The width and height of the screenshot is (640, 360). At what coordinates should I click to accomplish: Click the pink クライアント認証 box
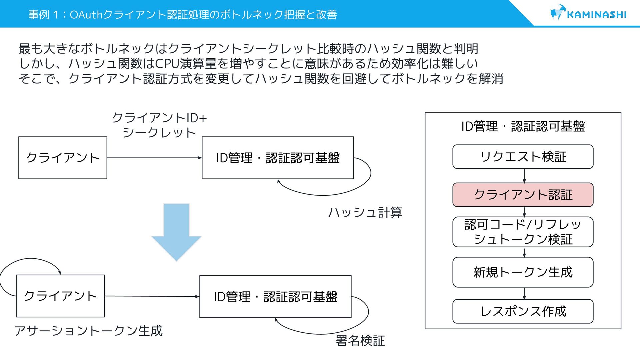click(523, 195)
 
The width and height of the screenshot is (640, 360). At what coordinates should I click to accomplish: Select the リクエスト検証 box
click(523, 157)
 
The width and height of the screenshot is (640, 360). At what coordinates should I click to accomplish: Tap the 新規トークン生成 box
click(523, 272)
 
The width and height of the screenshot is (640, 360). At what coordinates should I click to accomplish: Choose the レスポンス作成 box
click(523, 311)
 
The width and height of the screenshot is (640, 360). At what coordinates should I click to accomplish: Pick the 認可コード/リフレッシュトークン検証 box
click(523, 232)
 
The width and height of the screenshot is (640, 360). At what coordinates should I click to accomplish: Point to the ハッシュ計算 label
click(365, 212)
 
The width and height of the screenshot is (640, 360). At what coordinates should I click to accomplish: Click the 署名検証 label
click(360, 341)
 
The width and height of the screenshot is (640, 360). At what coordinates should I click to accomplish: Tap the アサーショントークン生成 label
click(88, 331)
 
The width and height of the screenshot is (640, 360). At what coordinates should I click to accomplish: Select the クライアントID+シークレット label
click(159, 125)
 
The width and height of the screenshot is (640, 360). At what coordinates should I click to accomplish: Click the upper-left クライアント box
click(63, 158)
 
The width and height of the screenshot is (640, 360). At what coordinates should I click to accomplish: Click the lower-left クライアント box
click(60, 296)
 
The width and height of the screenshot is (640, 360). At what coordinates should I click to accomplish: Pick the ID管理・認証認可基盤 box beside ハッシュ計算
click(278, 158)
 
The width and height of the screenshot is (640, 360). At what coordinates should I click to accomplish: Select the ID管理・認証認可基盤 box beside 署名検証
click(275, 297)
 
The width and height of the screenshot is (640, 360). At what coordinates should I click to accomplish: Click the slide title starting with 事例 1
click(183, 14)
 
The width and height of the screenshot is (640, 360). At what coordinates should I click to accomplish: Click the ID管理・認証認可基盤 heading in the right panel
click(523, 126)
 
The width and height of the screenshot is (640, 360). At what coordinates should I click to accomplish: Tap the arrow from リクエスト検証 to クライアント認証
click(524, 176)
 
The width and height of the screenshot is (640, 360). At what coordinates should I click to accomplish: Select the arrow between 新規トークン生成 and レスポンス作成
click(524, 293)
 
